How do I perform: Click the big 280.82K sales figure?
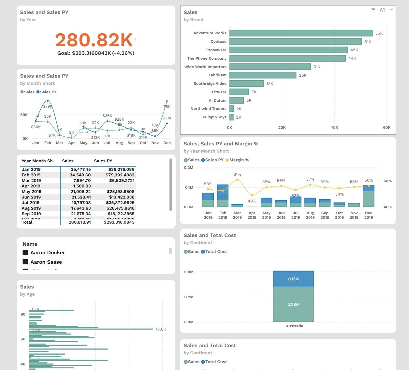pyautogui.click(x=94, y=40)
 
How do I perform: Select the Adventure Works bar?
pyautogui.click(x=301, y=33)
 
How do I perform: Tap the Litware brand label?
pyautogui.click(x=219, y=92)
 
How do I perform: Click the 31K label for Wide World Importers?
pyautogui.click(x=317, y=67)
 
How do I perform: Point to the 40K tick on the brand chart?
pyautogui.click(x=334, y=127)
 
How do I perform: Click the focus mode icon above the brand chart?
pyautogui.click(x=382, y=10)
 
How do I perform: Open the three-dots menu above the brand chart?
pyautogui.click(x=391, y=10)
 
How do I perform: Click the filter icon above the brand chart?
pyautogui.click(x=373, y=10)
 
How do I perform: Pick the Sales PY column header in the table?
pyautogui.click(x=103, y=161)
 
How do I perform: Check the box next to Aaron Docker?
pyautogui.click(x=25, y=252)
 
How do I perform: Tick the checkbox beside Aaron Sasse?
pyautogui.click(x=25, y=262)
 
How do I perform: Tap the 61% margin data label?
pyautogui.click(x=237, y=174)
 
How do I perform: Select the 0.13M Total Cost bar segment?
pyautogui.click(x=293, y=279)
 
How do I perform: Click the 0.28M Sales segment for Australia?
pyautogui.click(x=293, y=304)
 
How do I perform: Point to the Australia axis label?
pyautogui.click(x=294, y=326)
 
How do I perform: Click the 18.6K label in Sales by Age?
pyautogui.click(x=161, y=329)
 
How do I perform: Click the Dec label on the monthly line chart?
pyautogui.click(x=167, y=143)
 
